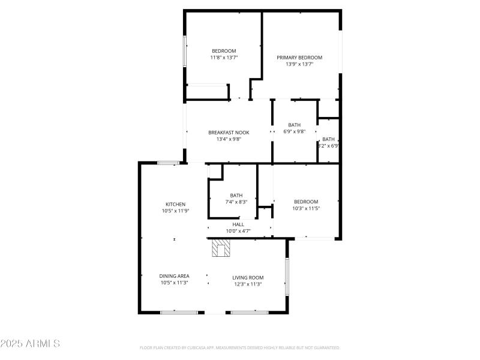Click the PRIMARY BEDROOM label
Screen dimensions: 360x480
click(x=299, y=58)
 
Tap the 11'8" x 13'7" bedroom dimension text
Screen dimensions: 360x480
click(x=223, y=58)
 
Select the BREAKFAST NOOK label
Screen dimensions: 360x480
click(x=229, y=133)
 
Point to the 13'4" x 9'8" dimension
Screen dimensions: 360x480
click(x=229, y=139)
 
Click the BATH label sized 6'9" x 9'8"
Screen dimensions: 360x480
click(x=294, y=125)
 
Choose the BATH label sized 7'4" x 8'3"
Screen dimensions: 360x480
click(x=236, y=195)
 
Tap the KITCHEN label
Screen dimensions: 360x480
click(x=175, y=204)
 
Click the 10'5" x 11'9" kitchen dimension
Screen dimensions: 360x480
click(x=175, y=211)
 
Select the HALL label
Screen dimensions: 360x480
click(x=238, y=224)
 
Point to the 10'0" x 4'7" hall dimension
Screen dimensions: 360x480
click(x=238, y=231)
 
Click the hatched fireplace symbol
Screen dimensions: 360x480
click(x=221, y=248)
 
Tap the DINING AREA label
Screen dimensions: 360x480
click(x=174, y=276)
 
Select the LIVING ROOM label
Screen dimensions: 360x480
click(x=248, y=277)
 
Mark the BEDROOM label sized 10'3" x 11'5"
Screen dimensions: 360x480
click(x=305, y=202)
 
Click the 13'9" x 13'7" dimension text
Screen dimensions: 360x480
click(x=299, y=64)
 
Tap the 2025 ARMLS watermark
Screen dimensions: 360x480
click(x=30, y=344)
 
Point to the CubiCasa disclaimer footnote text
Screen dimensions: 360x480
click(x=240, y=347)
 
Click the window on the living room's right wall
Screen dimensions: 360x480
click(x=287, y=276)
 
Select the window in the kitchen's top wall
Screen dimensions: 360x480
click(x=169, y=163)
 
